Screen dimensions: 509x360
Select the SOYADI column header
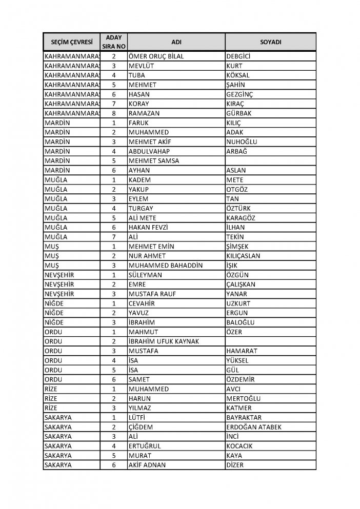[x=270, y=41]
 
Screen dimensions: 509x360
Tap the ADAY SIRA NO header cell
[x=113, y=41]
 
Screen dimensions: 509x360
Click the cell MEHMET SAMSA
[x=153, y=161]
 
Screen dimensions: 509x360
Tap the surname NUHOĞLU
[x=242, y=142]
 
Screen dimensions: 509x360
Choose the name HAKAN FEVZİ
[x=148, y=227]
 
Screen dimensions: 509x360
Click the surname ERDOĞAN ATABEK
[x=253, y=427]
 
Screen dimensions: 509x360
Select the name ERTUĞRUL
[x=145, y=446]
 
